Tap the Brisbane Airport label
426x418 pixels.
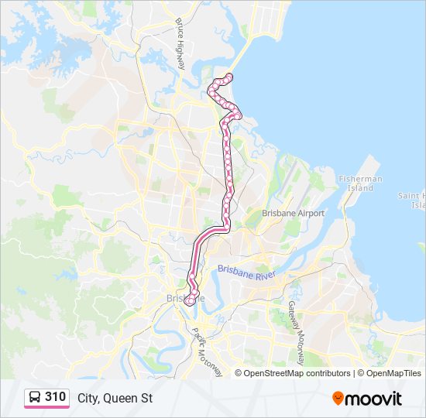coord(293,213)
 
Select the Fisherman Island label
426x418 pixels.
coord(360,183)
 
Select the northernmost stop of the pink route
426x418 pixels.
coord(228,76)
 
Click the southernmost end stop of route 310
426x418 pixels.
coord(187,302)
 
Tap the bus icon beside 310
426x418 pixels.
coord(35,398)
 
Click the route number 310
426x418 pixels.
coord(56,397)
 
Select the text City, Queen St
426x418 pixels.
coord(115,398)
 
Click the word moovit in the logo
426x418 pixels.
coord(374,399)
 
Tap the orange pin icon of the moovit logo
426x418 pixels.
coord(338,398)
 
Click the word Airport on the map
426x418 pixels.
coord(309,213)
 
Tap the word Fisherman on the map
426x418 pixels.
coord(360,179)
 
